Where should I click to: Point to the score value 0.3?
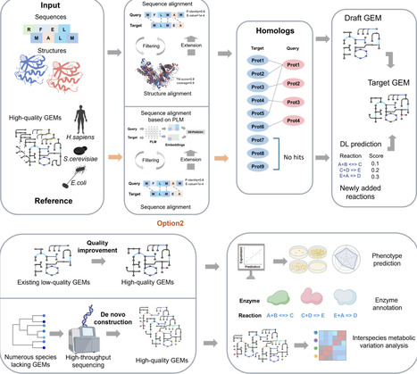click(391, 177)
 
